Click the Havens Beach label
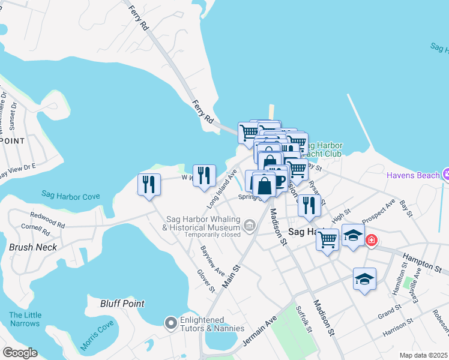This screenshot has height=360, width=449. tap(412, 175)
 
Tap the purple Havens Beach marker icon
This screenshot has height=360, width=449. tap(445, 175)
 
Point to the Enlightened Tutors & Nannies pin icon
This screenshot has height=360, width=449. tap(170, 323)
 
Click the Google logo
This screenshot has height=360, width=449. tap(19, 353)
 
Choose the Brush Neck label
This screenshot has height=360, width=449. tap(33, 247)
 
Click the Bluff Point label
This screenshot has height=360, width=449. tap(122, 304)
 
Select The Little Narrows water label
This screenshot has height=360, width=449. tap(25, 319)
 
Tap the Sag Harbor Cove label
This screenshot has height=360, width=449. tap(70, 196)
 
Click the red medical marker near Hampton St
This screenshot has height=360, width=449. tap(372, 240)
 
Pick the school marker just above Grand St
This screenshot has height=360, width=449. tap(364, 279)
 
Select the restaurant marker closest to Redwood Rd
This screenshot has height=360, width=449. tap(149, 184)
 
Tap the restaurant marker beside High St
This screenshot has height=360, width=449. tap(309, 205)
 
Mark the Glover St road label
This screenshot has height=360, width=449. tap(206, 280)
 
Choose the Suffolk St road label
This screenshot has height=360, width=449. tap(304, 319)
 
